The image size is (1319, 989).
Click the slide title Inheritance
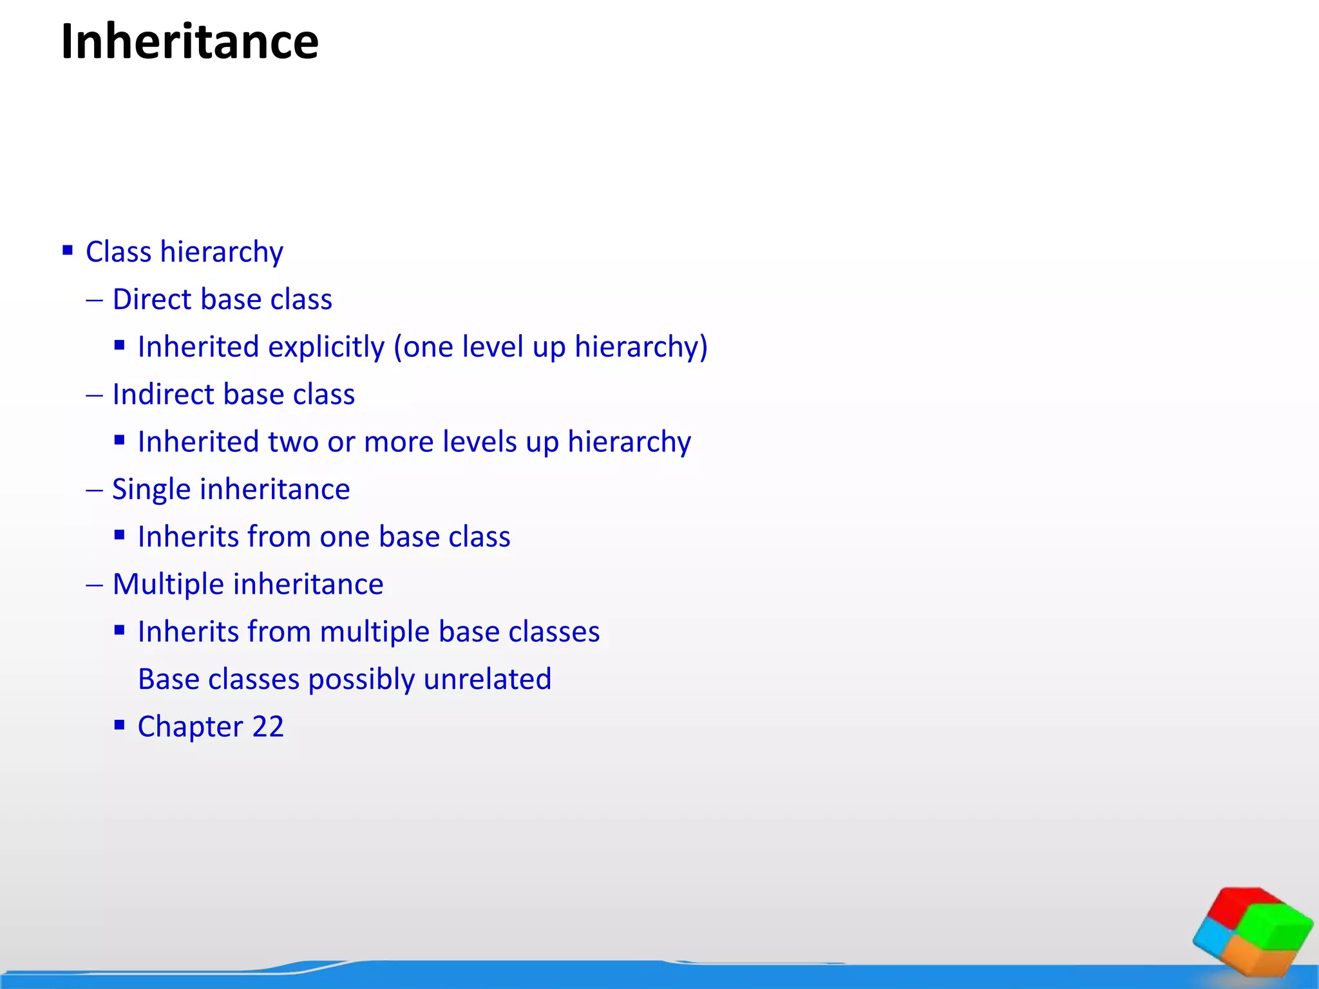tap(189, 42)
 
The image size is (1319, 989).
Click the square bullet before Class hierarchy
tap(68, 250)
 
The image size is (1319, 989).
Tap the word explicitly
tap(326, 347)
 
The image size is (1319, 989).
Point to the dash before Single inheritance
tap(94, 490)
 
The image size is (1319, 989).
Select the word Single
tap(151, 489)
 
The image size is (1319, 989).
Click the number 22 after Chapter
tap(268, 727)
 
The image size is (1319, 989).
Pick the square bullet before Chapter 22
tap(119, 725)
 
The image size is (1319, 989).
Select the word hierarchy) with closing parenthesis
tap(641, 347)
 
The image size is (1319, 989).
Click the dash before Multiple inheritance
tap(94, 585)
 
